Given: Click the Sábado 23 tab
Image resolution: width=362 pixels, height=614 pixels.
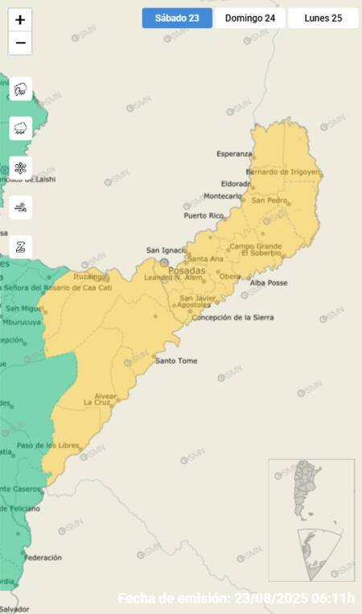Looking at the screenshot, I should pos(177,18).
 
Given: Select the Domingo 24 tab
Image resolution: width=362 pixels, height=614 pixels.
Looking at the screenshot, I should pos(249,18).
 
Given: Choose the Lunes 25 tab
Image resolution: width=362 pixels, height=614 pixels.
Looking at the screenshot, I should pos(323,18).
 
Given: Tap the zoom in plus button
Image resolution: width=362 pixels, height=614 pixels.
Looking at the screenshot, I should pos(20,19).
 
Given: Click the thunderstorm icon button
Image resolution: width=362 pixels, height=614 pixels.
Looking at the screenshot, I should pos(20,89).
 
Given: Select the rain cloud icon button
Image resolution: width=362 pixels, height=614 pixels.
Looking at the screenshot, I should pos(20,128).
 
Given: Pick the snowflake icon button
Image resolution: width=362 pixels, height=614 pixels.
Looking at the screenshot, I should pos(20,167).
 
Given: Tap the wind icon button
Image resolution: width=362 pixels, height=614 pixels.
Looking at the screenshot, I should pos(20,207).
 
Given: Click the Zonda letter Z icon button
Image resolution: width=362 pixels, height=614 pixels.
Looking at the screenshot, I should pos(20,246).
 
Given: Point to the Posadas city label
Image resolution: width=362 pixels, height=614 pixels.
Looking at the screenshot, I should pos(186,270).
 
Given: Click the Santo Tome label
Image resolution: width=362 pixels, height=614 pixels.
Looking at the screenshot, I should pos(176,361).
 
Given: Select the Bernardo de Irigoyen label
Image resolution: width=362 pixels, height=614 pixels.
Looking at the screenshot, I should pos(283,171).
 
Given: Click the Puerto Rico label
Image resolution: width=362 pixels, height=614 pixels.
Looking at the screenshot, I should pos(204,216).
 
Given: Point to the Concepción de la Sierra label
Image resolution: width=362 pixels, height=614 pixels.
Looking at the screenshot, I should pos(232,317).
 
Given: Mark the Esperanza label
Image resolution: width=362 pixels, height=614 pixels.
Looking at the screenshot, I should pos(234,154).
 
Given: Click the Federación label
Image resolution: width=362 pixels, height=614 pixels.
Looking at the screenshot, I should pos(43,557).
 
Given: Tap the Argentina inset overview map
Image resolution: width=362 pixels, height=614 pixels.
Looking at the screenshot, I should pos(311,519).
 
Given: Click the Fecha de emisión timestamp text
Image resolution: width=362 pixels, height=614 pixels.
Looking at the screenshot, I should pos(236,599).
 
